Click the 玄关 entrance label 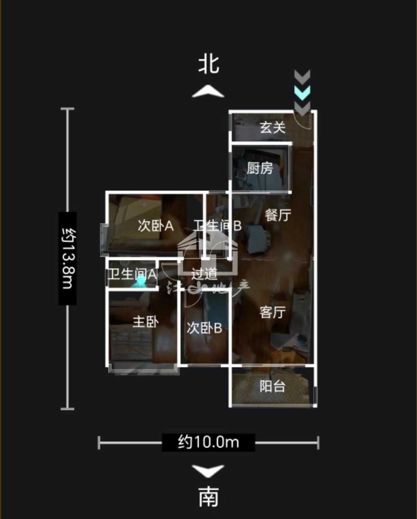[x=273, y=127]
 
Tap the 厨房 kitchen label [x=260, y=168]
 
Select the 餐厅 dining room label [x=278, y=215]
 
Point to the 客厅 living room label [x=273, y=312]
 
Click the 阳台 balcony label [x=273, y=386]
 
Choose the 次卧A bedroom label [x=156, y=226]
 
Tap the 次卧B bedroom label [x=204, y=328]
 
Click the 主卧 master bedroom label [x=145, y=321]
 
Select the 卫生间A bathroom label [x=132, y=274]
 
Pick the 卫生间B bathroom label [x=217, y=226]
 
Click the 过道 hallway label [x=204, y=274]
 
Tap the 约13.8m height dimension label [x=67, y=258]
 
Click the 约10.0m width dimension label [x=208, y=442]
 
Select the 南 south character [x=208, y=497]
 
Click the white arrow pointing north [x=208, y=92]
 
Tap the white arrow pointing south [x=208, y=470]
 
